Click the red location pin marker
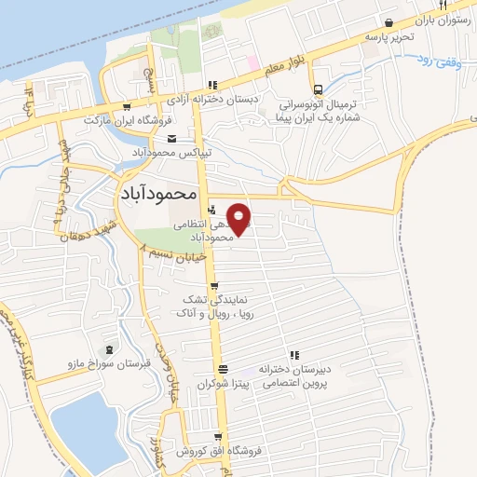pyautogui.click(x=240, y=220)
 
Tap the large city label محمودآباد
pyautogui.click(x=159, y=193)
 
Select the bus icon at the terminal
pyautogui.click(x=319, y=89)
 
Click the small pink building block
pyautogui.click(x=252, y=62)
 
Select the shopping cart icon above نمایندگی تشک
pyautogui.click(x=215, y=286)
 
